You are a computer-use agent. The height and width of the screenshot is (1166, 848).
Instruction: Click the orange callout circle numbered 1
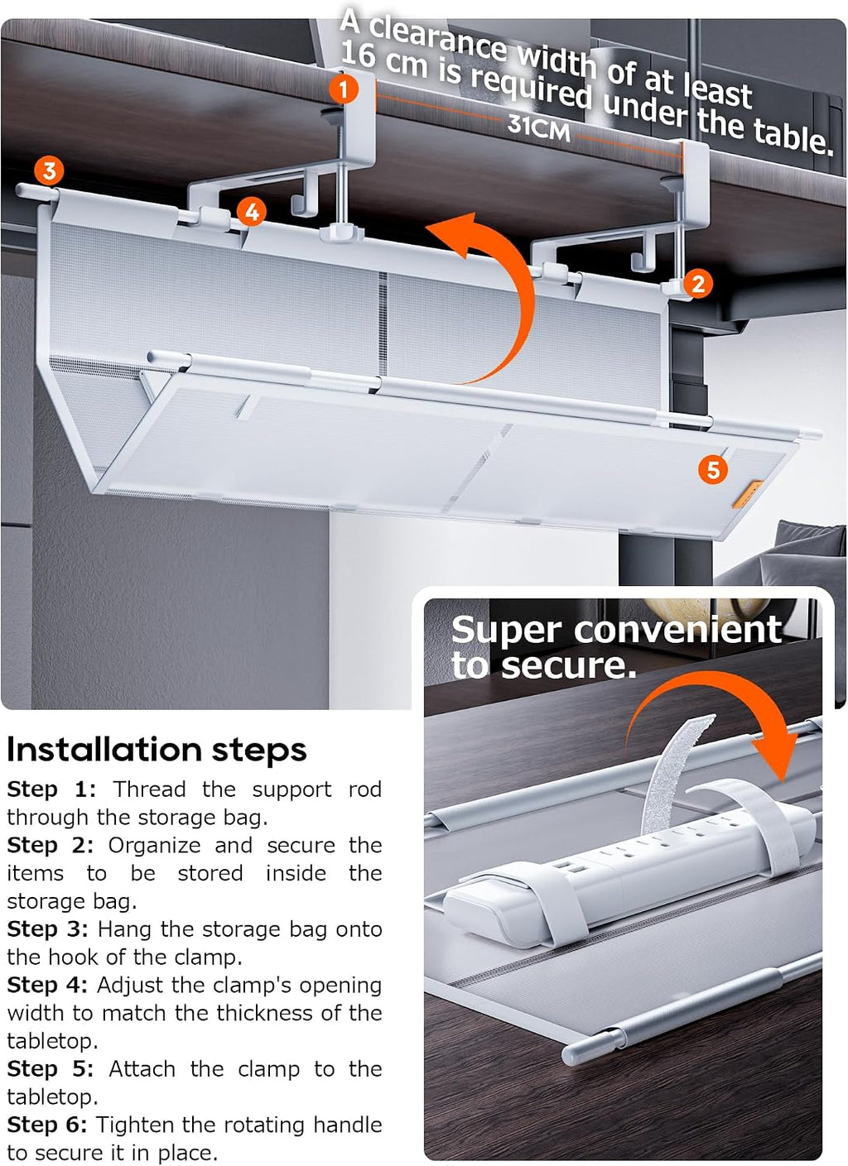[344, 89]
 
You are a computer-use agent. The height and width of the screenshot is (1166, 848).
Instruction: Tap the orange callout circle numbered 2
[698, 284]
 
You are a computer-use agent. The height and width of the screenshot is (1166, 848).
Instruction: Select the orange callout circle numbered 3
[50, 170]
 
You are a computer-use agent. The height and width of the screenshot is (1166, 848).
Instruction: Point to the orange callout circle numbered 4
[252, 213]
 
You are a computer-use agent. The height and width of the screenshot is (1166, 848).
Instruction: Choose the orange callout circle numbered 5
[713, 469]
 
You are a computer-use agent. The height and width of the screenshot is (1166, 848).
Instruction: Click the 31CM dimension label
[538, 128]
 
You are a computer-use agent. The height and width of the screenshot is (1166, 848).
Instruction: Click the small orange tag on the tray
[747, 495]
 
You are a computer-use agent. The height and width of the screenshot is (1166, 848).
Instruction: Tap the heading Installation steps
[157, 750]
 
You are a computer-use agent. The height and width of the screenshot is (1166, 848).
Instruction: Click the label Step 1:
[51, 789]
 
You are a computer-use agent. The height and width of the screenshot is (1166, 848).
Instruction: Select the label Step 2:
[50, 846]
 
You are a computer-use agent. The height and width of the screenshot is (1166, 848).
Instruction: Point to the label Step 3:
[47, 929]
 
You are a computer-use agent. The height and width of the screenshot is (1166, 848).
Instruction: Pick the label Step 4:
[47, 986]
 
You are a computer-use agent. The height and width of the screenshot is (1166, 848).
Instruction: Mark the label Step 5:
[50, 1069]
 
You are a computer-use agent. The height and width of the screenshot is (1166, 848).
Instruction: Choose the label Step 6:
[47, 1125]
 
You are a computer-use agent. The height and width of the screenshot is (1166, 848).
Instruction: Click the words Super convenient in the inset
[616, 631]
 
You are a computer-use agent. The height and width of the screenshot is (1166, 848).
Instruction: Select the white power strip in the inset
[628, 863]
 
